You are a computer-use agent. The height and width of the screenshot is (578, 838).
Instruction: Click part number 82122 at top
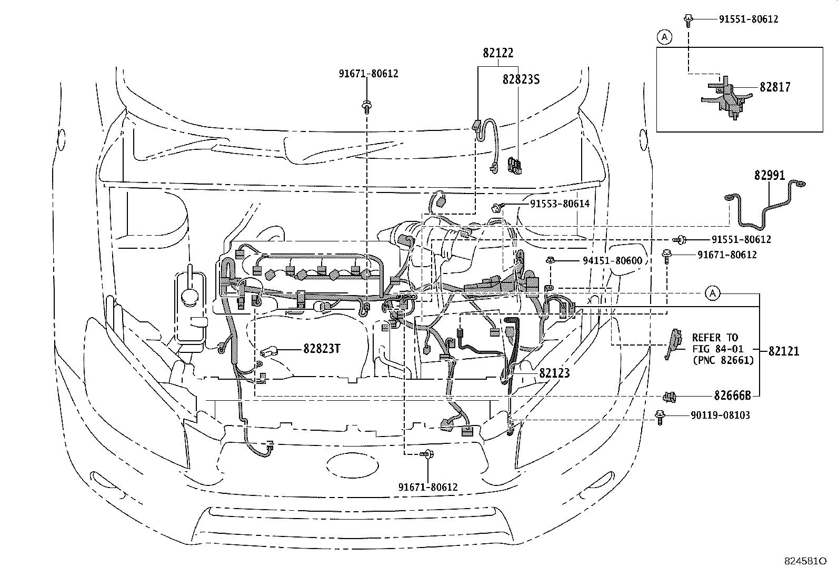coord(498,53)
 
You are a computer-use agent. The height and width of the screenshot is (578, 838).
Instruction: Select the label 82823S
coord(521,79)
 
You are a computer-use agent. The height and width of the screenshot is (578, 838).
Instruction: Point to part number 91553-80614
coord(559,204)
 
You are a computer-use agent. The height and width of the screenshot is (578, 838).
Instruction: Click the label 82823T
coord(322,349)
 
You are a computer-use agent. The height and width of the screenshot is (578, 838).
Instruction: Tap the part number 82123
coord(554,373)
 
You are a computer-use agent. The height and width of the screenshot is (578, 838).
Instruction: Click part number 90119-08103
coord(720,415)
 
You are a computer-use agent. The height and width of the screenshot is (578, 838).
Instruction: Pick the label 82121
coord(783,351)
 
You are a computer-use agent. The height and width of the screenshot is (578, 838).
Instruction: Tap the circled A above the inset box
coord(665,37)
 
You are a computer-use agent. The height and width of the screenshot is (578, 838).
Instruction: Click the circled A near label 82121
coord(712,293)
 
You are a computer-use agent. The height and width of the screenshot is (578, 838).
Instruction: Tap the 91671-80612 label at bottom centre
coord(427,488)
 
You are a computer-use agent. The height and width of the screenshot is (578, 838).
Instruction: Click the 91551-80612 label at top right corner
coord(748,19)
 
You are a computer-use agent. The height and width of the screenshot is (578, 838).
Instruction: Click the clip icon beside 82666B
coord(670,396)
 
